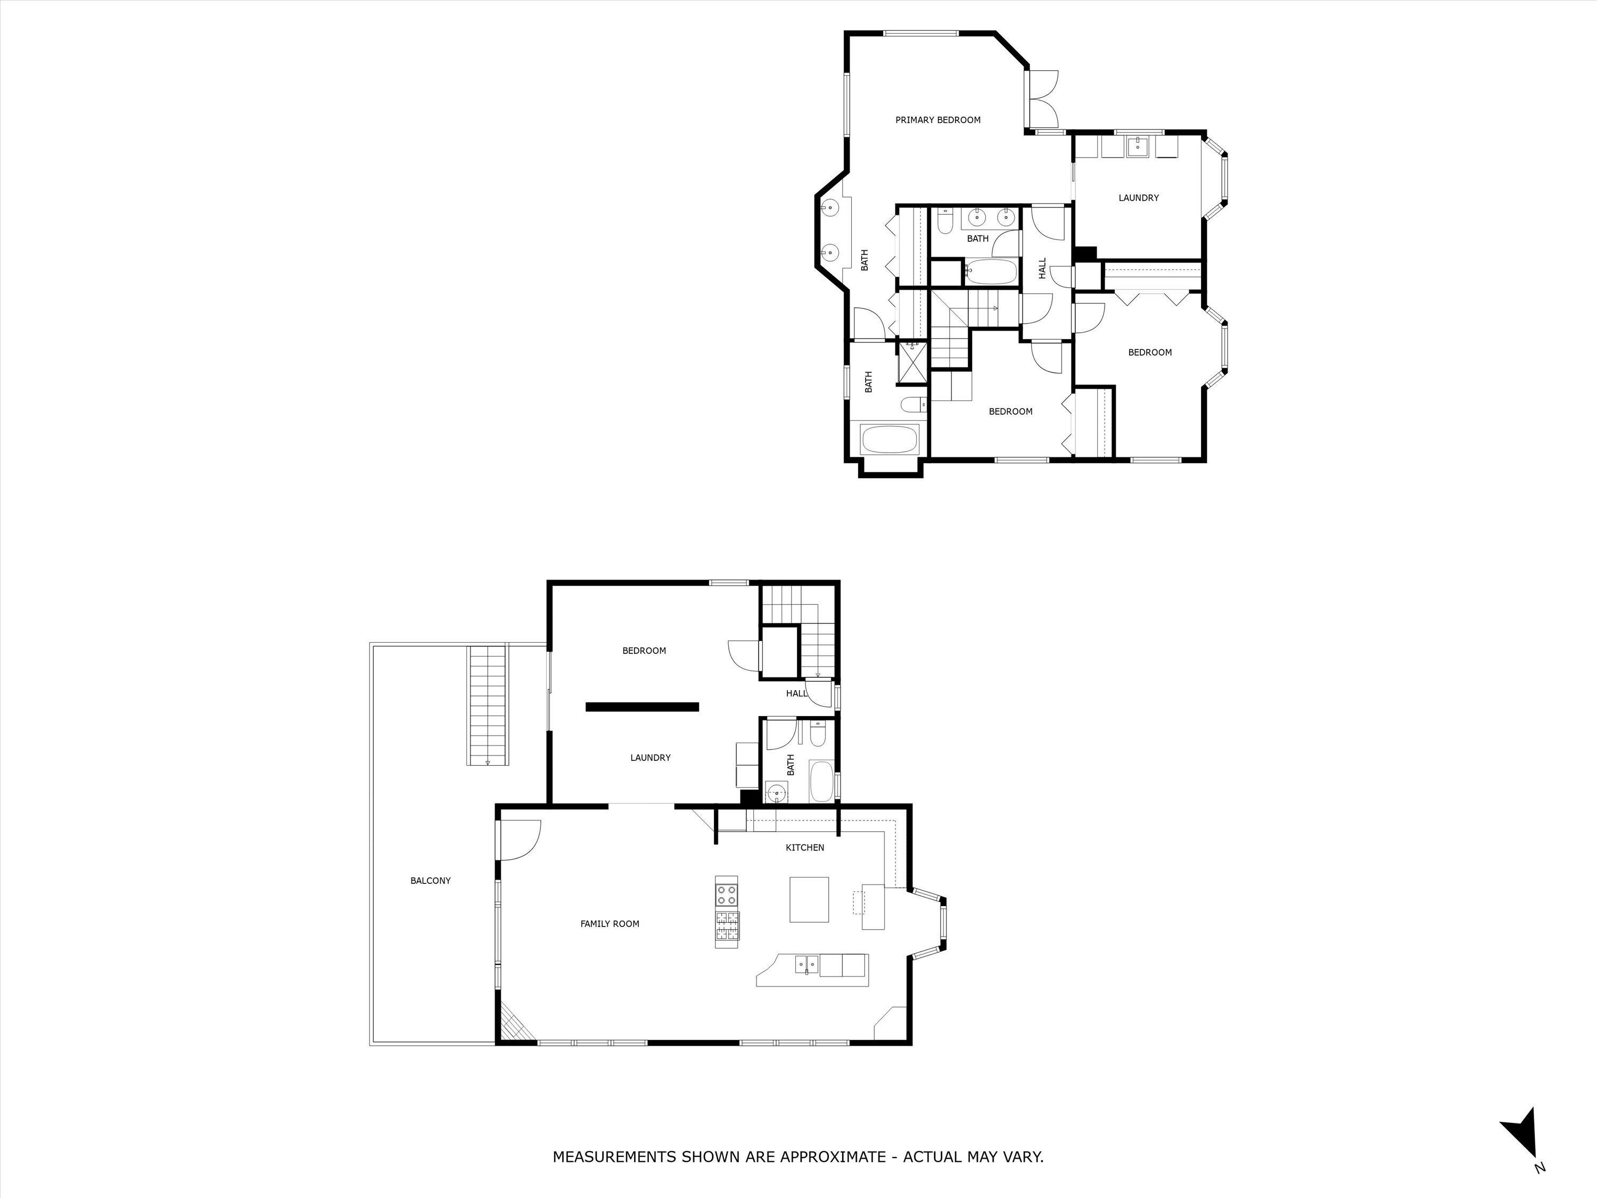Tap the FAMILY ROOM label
click(x=610, y=924)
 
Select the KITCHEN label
click(x=804, y=847)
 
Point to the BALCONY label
click(x=430, y=880)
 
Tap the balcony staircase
click(x=489, y=704)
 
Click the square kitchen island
click(x=809, y=899)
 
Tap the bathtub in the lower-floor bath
click(x=821, y=780)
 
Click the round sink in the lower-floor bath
click(x=776, y=792)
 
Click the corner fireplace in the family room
click(x=515, y=1025)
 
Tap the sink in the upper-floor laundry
click(x=1138, y=146)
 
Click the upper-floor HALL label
click(x=1042, y=269)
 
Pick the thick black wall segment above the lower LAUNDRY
click(x=642, y=707)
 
